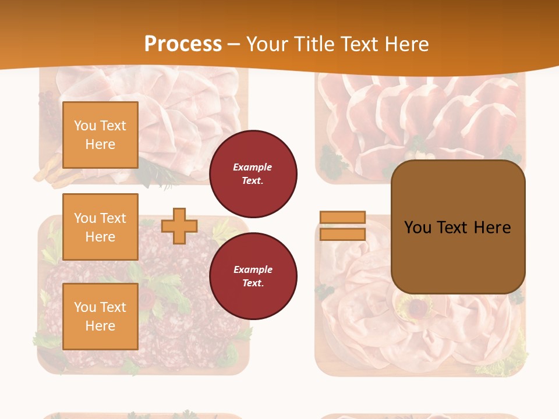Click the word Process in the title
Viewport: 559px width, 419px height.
click(183, 44)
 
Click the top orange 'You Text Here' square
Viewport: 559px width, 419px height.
click(100, 135)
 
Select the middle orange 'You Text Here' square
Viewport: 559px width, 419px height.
click(100, 227)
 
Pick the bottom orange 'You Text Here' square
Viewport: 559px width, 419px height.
click(100, 316)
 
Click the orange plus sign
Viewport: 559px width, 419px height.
click(179, 226)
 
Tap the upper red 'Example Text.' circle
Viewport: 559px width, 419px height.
click(253, 174)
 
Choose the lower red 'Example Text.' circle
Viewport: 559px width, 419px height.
click(253, 276)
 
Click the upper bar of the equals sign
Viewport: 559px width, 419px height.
click(342, 217)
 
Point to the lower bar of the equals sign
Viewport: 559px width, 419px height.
click(342, 235)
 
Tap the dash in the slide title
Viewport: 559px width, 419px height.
click(234, 44)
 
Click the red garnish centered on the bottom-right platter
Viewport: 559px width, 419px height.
click(417, 306)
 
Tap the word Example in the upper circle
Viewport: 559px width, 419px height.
click(253, 167)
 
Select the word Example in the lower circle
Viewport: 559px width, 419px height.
click(253, 269)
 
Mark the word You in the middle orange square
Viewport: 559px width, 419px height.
click(84, 218)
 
